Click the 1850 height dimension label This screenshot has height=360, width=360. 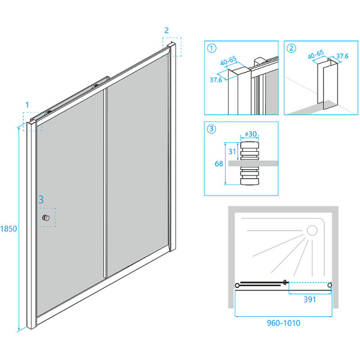coord(8,229)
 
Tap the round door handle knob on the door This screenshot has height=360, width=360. coord(46,218)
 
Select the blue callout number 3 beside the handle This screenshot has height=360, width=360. coord(41,200)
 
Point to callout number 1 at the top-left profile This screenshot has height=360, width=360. coord(27,105)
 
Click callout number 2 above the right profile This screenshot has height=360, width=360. coord(167,30)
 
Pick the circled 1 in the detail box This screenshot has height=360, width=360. coord(211,49)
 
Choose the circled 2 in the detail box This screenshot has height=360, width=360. coord(292,49)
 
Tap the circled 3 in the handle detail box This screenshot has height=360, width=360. coord(211,129)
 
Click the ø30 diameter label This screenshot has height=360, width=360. coord(251,134)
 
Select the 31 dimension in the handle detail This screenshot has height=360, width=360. coord(232,152)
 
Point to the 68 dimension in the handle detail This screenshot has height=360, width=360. coord(219,164)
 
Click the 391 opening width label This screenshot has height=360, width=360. coord(310,299)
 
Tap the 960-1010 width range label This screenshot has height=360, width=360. coord(284,323)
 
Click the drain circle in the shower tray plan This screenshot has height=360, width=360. coord(312,230)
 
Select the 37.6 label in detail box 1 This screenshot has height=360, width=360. coord(216,80)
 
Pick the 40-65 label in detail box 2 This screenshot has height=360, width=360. coord(316,55)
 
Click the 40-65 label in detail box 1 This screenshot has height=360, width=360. coord(229,61)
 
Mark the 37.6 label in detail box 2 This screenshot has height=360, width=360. coord(343,56)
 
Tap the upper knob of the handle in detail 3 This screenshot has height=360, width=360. coord(250,151)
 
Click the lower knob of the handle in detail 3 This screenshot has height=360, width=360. coord(250,176)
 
